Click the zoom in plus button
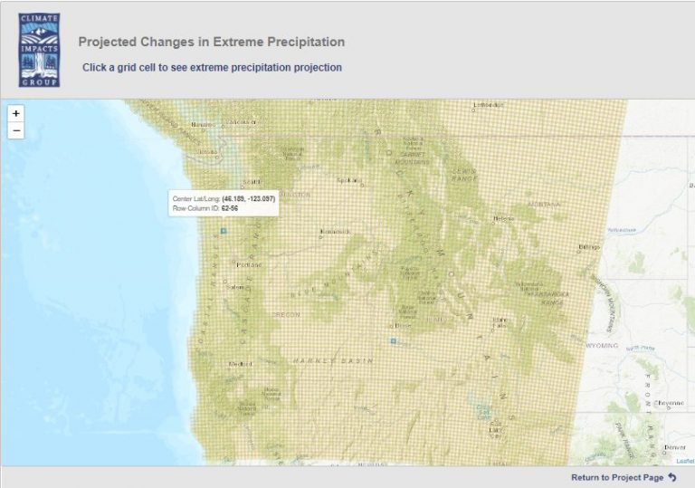16,114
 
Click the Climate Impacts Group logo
39,50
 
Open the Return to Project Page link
624,477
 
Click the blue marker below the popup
224,230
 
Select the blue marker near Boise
393,340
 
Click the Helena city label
504,218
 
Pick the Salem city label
236,288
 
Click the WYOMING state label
602,346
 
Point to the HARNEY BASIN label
319,360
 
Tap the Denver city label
674,447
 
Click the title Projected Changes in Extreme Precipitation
212,42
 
